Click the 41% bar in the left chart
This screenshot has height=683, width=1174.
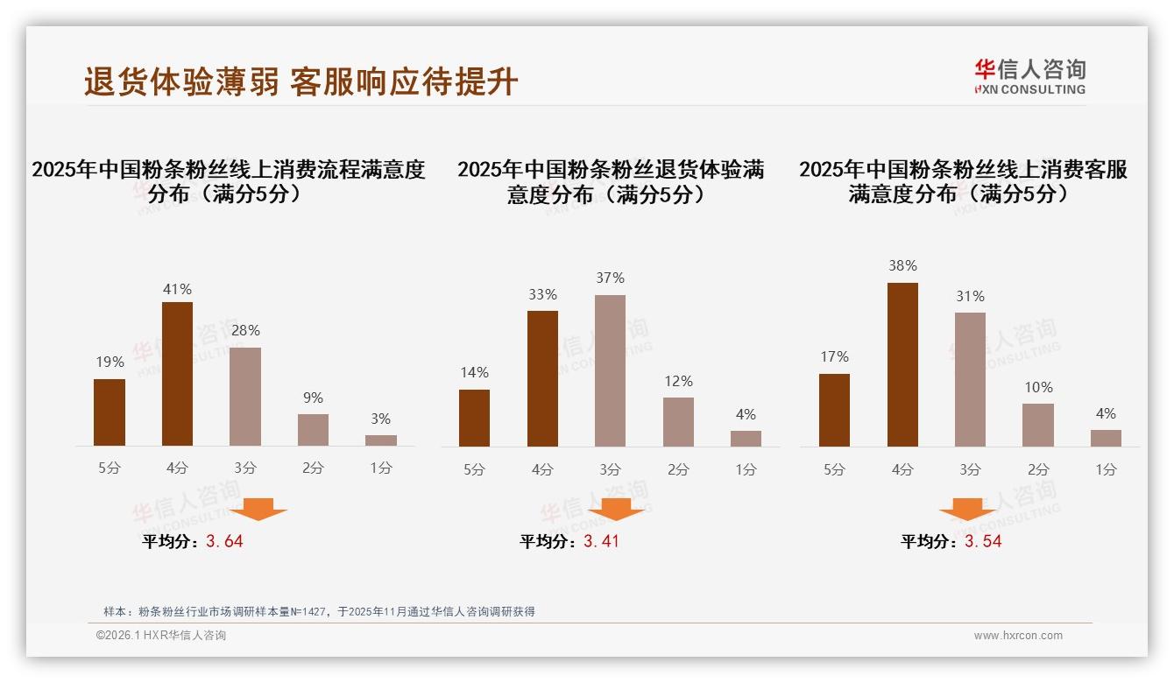[177, 374]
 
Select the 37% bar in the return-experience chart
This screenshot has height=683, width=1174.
[610, 370]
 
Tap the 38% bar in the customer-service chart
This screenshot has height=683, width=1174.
[902, 364]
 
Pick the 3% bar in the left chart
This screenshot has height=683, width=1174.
[381, 440]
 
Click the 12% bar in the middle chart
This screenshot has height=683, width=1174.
[678, 422]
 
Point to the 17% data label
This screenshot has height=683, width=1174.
[834, 356]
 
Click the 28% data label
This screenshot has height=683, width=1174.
[245, 330]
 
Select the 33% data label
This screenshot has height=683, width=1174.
[542, 294]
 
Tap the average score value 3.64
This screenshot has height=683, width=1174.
[224, 541]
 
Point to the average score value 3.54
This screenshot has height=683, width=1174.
[983, 541]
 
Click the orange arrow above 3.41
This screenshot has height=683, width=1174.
[616, 509]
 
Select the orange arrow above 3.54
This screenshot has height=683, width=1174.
[967, 509]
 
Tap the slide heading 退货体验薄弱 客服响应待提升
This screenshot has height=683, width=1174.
[301, 81]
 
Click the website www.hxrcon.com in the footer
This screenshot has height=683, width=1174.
[1018, 636]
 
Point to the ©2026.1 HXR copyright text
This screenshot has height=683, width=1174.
[161, 636]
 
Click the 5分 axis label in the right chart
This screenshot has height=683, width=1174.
[834, 469]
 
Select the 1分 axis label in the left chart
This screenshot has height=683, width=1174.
[381, 468]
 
